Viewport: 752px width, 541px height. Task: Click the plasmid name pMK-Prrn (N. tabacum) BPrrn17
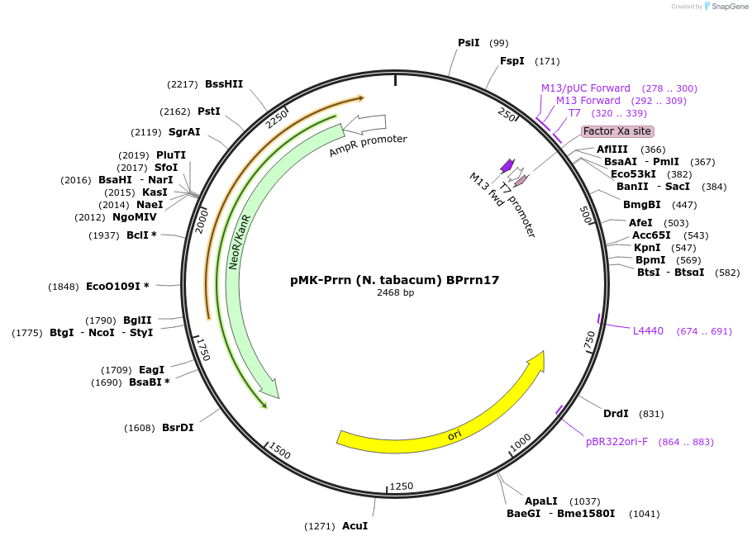[x=395, y=280]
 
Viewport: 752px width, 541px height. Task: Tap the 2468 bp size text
[x=395, y=293]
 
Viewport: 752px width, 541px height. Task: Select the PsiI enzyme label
[x=469, y=43]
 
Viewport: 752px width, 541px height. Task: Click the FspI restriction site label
[x=512, y=61]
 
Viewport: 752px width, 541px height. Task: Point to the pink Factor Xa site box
[x=617, y=131]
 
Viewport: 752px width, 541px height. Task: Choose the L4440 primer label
[x=648, y=331]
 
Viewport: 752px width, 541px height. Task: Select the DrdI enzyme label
[x=616, y=414]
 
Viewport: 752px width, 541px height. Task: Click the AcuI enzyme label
[x=355, y=526]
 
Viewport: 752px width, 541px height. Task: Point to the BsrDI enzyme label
[x=178, y=428]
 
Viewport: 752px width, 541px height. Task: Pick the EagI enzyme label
[x=151, y=370]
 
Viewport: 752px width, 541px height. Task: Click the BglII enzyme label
[x=137, y=320]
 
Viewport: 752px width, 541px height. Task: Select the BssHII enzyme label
[x=224, y=83]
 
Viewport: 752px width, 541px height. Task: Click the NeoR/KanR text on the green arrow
[x=239, y=240]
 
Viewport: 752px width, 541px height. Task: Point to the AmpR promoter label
[x=368, y=145]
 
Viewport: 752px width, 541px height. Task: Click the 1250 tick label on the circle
[x=402, y=486]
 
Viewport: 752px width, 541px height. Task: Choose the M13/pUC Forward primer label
[x=585, y=88]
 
